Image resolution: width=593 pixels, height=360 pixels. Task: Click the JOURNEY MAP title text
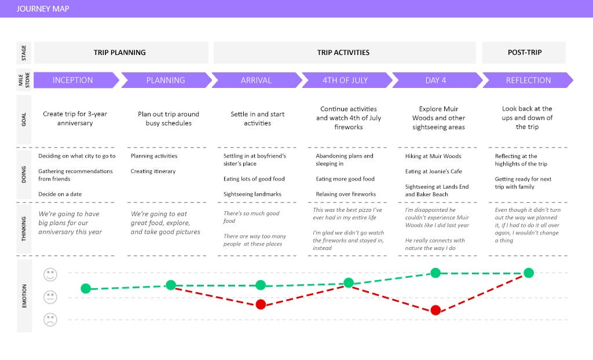point(43,9)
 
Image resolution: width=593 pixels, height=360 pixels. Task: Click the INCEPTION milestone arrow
point(76,80)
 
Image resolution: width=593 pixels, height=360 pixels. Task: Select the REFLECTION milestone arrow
point(528,80)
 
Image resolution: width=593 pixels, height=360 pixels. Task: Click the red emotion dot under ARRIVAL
point(261,304)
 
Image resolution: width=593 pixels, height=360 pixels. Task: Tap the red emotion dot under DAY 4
point(435,310)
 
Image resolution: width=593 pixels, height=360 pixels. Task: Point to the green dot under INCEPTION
point(86,289)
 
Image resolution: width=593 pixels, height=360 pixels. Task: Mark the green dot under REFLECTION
point(529,273)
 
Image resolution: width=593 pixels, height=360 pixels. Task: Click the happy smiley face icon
point(50,274)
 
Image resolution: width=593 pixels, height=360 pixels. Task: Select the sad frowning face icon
point(50,320)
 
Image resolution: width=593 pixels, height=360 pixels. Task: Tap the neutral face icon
point(50,297)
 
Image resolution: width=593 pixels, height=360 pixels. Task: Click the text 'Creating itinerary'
point(153,171)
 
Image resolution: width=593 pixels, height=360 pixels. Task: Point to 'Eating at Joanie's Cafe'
point(433,171)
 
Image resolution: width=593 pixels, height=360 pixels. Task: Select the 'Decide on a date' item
point(60,194)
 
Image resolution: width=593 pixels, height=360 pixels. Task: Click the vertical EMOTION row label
point(24,296)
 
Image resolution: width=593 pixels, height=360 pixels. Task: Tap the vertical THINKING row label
point(24,229)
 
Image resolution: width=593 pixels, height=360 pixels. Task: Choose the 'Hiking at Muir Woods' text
point(433,156)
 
